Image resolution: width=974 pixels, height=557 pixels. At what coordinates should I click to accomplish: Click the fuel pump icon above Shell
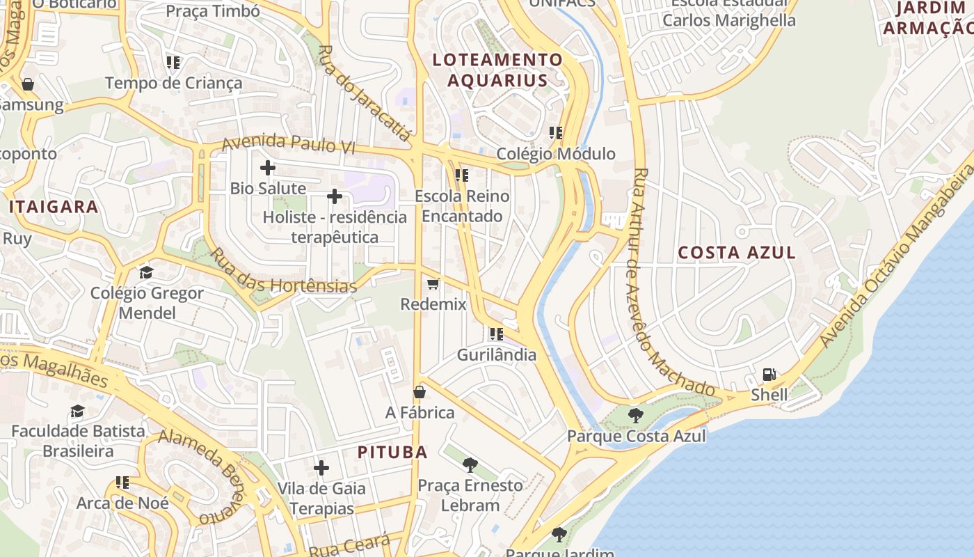pos(769,375)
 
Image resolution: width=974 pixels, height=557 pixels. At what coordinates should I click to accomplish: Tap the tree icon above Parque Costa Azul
pos(635,416)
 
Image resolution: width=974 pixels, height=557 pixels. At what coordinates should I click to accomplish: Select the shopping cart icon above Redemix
pos(433,283)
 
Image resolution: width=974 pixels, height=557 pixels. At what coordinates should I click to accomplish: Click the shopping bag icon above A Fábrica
pos(420,392)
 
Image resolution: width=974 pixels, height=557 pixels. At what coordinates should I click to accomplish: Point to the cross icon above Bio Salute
pos(268,168)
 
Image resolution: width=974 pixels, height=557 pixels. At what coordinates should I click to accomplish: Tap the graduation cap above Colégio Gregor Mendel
pos(146,272)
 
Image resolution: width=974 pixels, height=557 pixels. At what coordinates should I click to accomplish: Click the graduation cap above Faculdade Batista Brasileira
pos(77,411)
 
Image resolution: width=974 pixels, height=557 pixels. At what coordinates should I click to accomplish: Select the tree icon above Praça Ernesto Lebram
pos(470,464)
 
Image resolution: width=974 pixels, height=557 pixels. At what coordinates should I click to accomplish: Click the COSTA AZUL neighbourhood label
pos(737,253)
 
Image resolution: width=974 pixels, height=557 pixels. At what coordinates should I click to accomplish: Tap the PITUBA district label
pos(392,452)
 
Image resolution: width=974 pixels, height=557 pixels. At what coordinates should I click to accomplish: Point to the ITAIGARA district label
pos(54,207)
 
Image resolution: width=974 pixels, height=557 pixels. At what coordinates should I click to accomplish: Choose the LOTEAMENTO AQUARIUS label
pos(497,70)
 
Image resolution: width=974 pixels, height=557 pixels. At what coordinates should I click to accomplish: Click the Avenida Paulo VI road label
pos(289,145)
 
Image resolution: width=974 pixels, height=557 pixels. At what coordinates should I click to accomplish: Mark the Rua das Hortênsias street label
pos(283,271)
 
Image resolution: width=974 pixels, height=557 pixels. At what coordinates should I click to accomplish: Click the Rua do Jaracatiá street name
pos(366,93)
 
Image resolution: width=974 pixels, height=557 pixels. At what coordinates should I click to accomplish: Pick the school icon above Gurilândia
pos(496,334)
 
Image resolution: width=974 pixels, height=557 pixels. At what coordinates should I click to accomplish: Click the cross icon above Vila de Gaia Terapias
pos(321,468)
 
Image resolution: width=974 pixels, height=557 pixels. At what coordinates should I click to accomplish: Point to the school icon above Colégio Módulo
pos(555,132)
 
